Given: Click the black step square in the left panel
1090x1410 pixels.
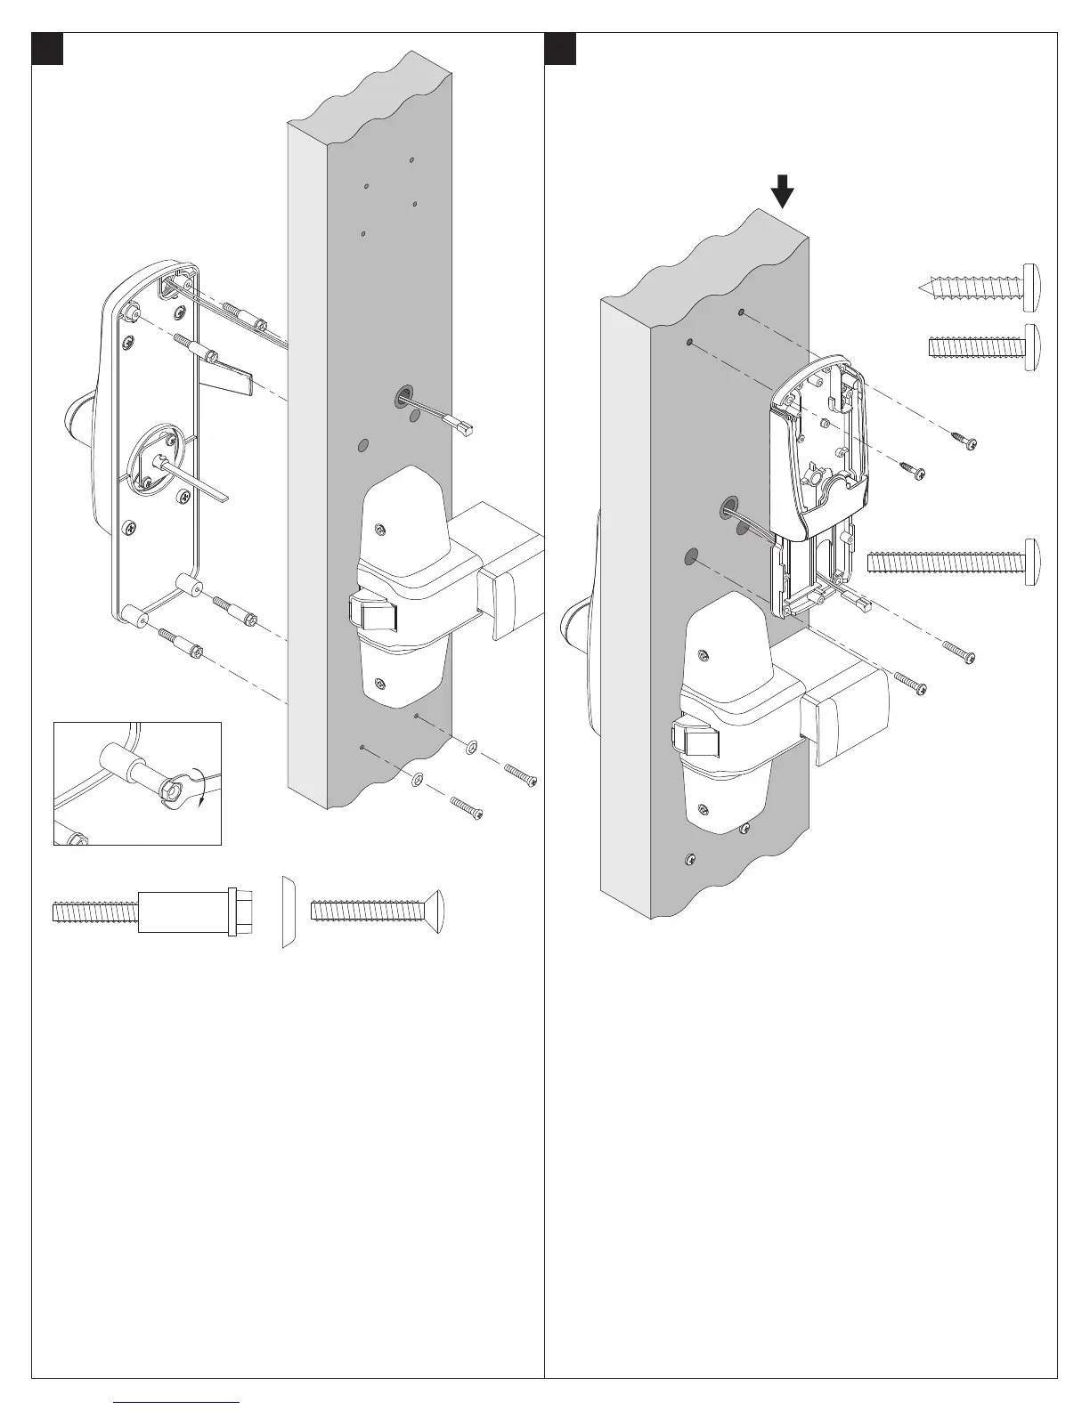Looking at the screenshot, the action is (x=47, y=49).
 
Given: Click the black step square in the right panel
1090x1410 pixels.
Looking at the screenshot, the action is (x=560, y=49).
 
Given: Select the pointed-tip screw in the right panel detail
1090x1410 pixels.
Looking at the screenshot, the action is (x=978, y=288).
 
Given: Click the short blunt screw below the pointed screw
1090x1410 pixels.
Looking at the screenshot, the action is (x=982, y=346).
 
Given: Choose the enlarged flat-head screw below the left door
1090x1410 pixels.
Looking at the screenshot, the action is (x=378, y=911).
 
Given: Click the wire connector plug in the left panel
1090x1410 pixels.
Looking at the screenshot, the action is (x=465, y=429).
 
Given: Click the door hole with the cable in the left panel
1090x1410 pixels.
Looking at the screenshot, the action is (x=404, y=396).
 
